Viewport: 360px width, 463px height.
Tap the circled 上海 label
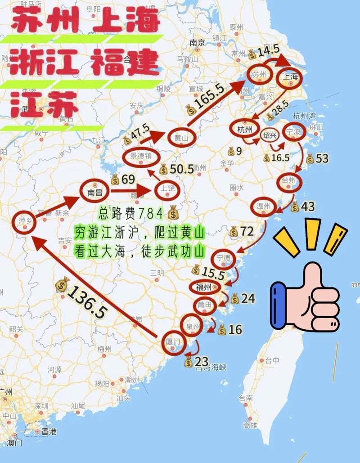(289, 77)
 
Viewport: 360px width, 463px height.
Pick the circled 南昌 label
(95, 192)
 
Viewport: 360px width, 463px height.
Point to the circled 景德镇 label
(141, 156)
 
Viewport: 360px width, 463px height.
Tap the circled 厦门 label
(173, 342)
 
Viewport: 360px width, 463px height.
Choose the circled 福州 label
(204, 287)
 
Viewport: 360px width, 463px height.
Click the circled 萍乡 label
(25, 220)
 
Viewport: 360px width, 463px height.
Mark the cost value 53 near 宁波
(322, 158)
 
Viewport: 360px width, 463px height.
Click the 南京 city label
(197, 43)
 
